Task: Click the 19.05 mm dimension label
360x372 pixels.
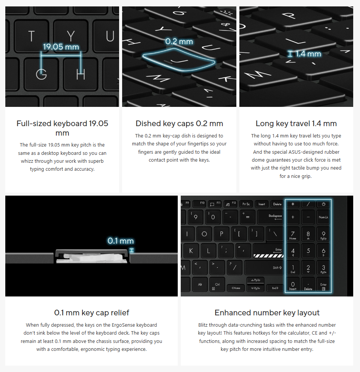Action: click(x=61, y=47)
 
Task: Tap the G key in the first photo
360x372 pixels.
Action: click(x=41, y=74)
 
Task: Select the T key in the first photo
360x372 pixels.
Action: click(x=32, y=36)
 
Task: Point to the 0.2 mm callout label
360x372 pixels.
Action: click(x=179, y=42)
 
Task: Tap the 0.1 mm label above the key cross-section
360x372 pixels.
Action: click(x=121, y=241)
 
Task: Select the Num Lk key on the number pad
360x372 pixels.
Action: click(x=323, y=217)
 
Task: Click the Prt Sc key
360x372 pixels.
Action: click(x=246, y=204)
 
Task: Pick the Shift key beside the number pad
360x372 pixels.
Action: click(x=264, y=268)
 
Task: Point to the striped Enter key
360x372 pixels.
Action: click(x=268, y=251)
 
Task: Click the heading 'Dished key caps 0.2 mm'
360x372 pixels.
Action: click(x=179, y=123)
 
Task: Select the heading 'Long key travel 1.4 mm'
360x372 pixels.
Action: click(x=296, y=123)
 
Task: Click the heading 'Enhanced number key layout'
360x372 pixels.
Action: click(x=267, y=313)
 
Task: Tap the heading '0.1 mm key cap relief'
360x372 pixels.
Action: click(x=92, y=313)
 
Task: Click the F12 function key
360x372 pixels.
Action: click(x=231, y=204)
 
